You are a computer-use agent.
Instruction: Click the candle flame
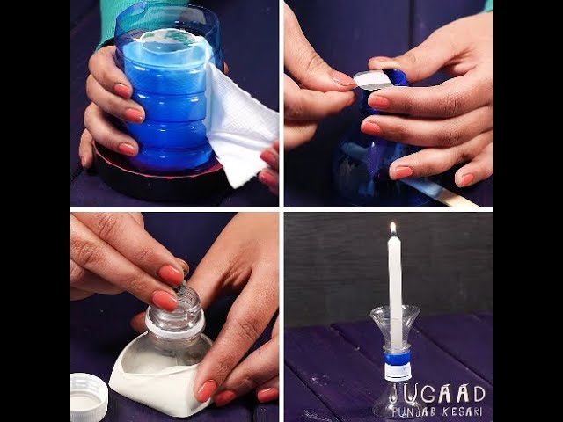pos(393,229)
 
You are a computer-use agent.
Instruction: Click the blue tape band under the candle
pos(397,358)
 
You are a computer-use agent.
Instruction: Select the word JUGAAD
pos(438,393)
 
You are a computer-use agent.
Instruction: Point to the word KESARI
pos(463,411)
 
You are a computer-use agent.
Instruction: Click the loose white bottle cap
pos(88,397)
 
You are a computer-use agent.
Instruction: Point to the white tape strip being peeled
pos(373,80)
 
